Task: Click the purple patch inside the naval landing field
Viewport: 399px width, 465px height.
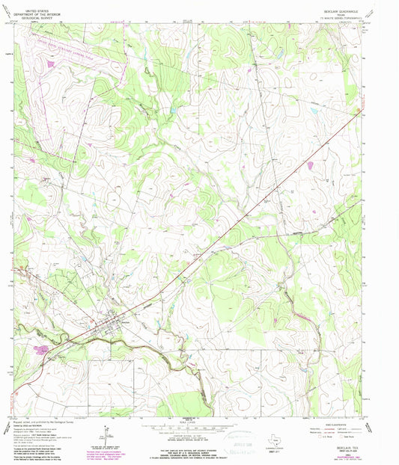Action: tap(50, 65)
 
